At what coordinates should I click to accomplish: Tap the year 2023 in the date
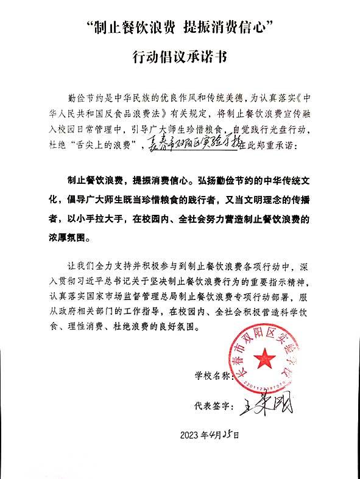tap(191, 435)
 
